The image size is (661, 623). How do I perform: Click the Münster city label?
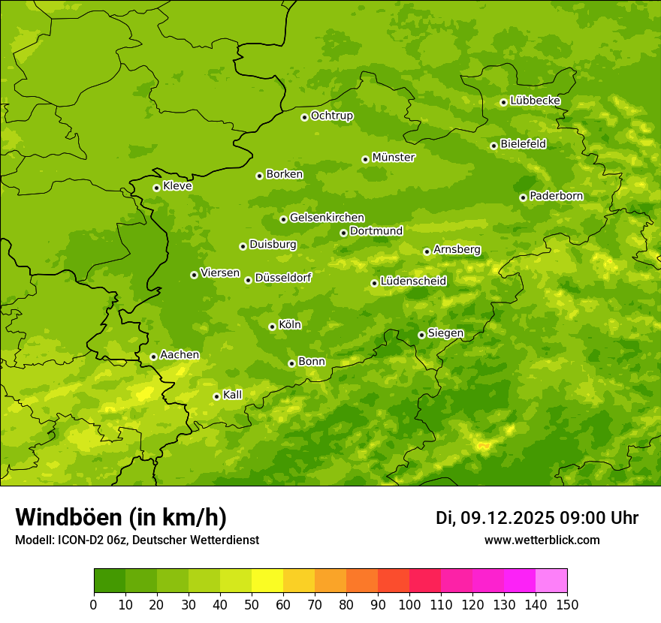click(x=393, y=158)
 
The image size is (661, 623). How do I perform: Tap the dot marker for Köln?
click(x=272, y=327)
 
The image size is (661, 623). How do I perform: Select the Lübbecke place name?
click(x=535, y=101)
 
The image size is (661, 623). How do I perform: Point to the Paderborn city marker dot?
click(x=523, y=197)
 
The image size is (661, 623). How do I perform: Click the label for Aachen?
click(x=180, y=355)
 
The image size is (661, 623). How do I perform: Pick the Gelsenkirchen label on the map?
click(x=327, y=218)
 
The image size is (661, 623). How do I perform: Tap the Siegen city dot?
click(x=421, y=335)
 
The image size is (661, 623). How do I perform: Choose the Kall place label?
click(x=232, y=395)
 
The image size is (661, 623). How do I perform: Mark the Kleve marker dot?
click(x=156, y=188)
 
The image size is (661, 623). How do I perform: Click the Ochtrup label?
click(x=331, y=116)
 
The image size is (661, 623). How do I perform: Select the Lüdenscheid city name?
click(x=413, y=281)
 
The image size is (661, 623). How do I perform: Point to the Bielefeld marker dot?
click(x=493, y=146)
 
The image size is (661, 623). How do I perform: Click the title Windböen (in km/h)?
click(x=121, y=517)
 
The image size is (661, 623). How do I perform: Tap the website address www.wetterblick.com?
click(x=542, y=540)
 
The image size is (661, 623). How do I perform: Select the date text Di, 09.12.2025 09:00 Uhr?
click(x=537, y=518)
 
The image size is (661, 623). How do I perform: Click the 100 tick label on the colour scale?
click(x=409, y=605)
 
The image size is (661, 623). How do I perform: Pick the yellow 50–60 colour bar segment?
click(x=267, y=581)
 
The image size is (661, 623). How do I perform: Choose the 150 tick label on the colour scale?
click(x=566, y=605)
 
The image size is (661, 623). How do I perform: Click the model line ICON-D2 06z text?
click(x=137, y=540)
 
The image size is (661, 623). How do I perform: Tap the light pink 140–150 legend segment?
click(x=551, y=581)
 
